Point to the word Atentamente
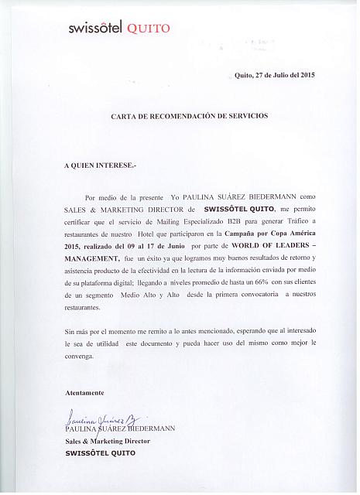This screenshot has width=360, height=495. [84, 394]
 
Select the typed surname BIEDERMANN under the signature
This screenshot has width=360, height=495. [150, 428]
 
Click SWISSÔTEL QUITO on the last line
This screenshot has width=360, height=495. [100, 453]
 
